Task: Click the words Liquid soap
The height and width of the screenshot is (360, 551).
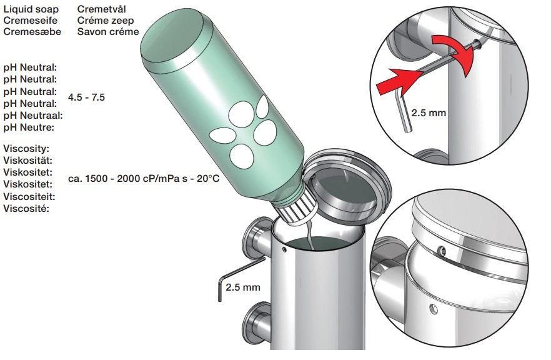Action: pos(31,9)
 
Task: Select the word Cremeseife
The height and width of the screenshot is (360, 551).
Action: pos(30,21)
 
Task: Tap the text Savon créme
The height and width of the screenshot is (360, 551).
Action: pos(108,32)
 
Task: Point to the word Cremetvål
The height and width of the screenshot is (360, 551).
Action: pos(102,9)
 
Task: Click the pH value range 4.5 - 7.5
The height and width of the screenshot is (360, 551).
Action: pos(86,97)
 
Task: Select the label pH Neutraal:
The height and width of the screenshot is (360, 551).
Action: pos(33,115)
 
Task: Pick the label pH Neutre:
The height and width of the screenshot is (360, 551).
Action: pos(29,127)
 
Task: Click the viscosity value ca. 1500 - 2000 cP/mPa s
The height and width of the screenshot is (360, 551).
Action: pos(128,179)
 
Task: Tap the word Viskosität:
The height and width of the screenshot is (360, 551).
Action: pos(27,161)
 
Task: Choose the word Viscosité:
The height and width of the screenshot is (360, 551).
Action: pos(26,209)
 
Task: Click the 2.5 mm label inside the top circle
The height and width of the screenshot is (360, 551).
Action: pos(429,113)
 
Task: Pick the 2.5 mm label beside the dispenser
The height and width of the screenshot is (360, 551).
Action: pos(243,287)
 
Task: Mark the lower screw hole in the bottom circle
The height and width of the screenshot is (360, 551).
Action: pos(434,309)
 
